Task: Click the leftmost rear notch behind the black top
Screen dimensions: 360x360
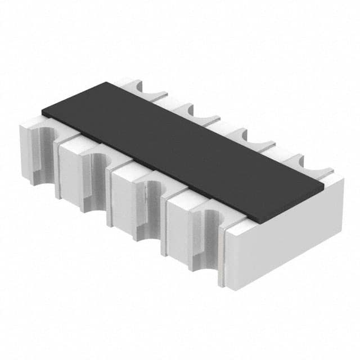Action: (148, 89)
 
